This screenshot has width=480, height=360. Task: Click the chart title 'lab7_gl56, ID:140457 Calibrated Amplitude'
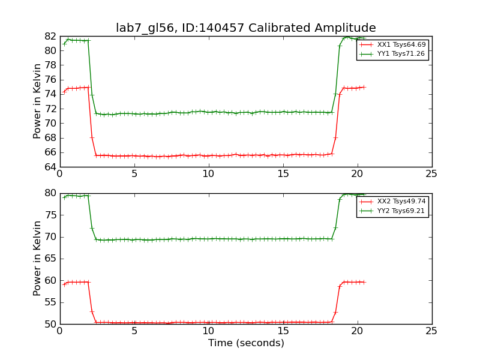click(x=246, y=28)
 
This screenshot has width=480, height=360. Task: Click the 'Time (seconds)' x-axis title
click(x=246, y=343)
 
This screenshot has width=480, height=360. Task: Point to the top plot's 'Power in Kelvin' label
click(x=38, y=101)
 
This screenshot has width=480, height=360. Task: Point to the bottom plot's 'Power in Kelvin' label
click(x=38, y=258)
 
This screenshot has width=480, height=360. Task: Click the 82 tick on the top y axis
click(x=50, y=36)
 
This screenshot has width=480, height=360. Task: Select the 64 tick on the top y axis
click(x=50, y=167)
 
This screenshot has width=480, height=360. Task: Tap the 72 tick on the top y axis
click(x=50, y=109)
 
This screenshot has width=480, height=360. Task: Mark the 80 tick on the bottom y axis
click(x=50, y=193)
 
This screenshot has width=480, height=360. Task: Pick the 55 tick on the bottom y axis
click(x=50, y=302)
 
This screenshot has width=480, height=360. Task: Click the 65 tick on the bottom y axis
click(x=50, y=259)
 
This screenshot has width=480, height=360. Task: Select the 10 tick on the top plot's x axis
click(x=208, y=174)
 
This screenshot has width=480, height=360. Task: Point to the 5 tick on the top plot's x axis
click(x=134, y=174)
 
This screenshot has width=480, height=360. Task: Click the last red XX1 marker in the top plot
click(x=364, y=87)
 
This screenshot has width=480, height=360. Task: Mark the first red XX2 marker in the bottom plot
click(x=64, y=284)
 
